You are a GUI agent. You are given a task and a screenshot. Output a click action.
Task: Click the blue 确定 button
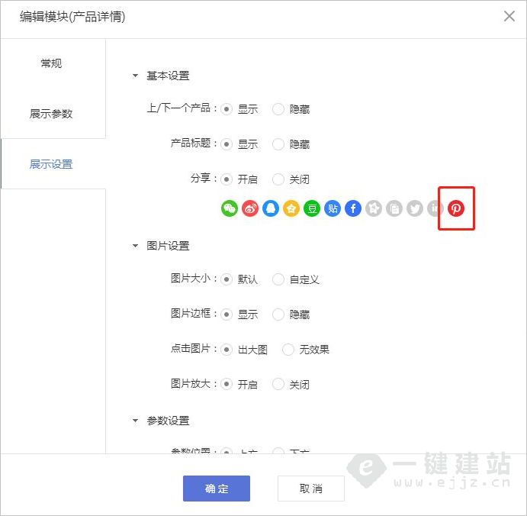coord(217,489)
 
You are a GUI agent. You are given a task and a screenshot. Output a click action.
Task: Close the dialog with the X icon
coord(509,16)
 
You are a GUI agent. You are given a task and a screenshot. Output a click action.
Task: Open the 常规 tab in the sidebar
coord(52,63)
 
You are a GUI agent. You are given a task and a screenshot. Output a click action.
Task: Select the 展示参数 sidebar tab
coord(51,114)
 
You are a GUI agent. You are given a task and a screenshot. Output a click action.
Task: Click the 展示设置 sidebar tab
coord(51,164)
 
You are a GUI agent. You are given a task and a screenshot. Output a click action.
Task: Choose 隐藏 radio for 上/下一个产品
coord(278,109)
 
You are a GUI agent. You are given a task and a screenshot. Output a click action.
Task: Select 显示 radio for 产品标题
coord(227,144)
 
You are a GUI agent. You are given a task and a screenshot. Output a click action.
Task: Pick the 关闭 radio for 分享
coord(278,179)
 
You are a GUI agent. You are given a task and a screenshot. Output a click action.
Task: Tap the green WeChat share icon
coord(230,208)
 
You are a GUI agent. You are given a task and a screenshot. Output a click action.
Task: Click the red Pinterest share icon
coord(456,208)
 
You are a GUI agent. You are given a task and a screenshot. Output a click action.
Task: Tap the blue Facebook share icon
coord(352,208)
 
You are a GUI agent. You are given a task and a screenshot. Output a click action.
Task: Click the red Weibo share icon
coord(250,208)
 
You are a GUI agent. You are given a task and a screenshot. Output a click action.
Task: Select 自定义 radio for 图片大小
coord(278,279)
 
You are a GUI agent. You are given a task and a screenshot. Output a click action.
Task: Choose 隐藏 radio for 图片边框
coord(278,314)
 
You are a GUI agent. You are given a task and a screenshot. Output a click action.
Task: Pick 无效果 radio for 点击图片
coord(288,350)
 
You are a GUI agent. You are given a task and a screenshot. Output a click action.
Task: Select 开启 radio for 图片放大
coord(227,385)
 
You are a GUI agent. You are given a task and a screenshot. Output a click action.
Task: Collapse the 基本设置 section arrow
coord(136,76)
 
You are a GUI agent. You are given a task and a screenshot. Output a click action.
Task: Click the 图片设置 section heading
coord(168,246)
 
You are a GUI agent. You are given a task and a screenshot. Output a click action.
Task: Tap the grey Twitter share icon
coord(415,208)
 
